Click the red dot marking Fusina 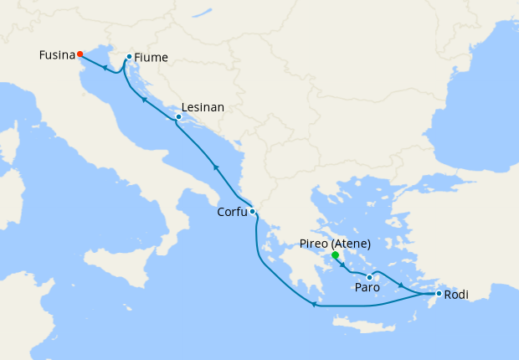click(x=80, y=54)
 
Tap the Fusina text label click(x=56, y=55)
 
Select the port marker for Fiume click(x=128, y=57)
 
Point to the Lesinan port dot click(x=178, y=117)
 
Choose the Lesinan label click(x=203, y=109)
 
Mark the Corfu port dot click(x=252, y=211)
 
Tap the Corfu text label click(x=232, y=213)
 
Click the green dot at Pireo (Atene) click(x=335, y=255)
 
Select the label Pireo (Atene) click(x=335, y=244)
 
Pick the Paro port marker click(x=369, y=277)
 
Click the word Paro click(x=367, y=288)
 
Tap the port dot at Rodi click(x=439, y=293)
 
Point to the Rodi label click(x=456, y=295)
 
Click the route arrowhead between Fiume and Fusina click(x=104, y=68)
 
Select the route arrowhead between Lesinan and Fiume click(x=144, y=100)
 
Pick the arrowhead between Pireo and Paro click(x=342, y=265)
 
